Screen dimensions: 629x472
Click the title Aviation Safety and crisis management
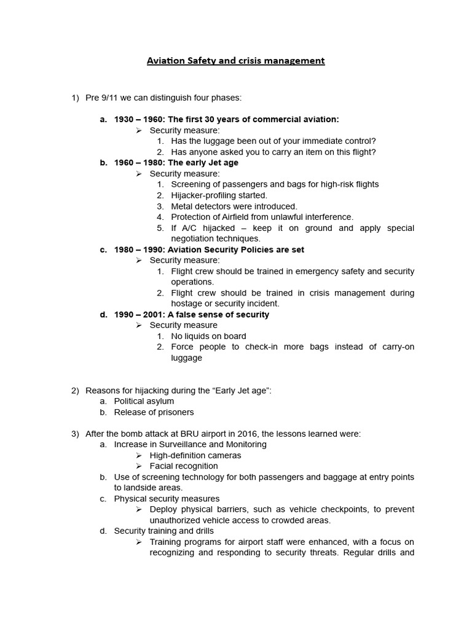[235, 61]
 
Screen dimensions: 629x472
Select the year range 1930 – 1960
[137, 119]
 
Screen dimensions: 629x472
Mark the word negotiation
[193, 239]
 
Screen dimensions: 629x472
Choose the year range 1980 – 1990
[137, 249]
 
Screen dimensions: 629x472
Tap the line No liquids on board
[208, 336]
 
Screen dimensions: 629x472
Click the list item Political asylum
[144, 401]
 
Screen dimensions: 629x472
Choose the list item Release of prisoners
[154, 412]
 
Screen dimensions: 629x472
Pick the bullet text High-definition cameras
[195, 455]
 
